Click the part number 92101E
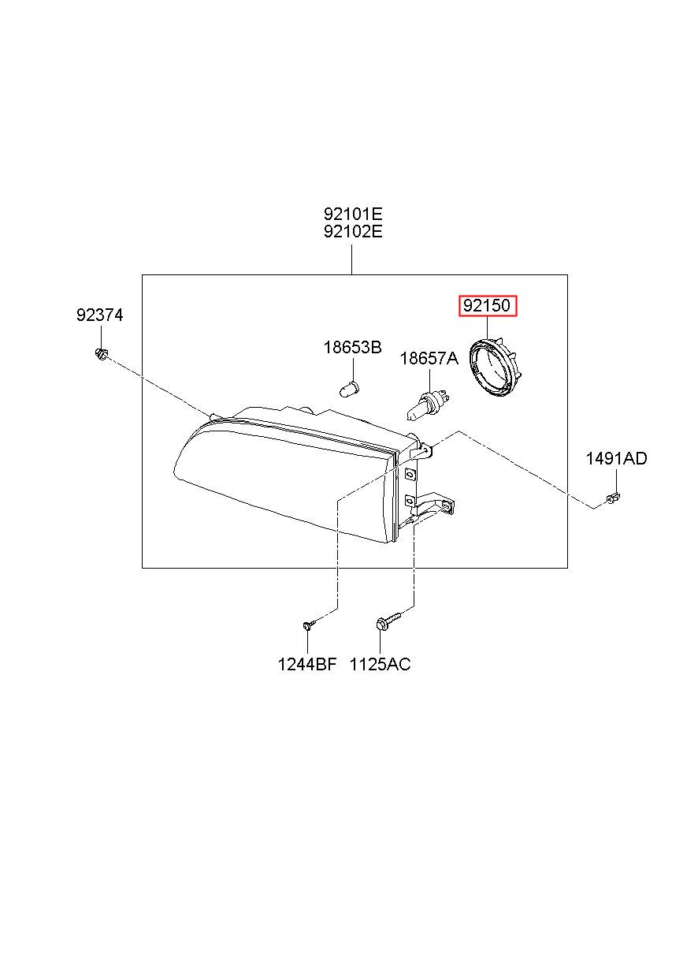point(353,212)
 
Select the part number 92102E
point(353,232)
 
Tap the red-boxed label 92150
point(487,306)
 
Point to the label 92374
point(99,315)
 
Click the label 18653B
point(352,348)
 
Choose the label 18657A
point(429,359)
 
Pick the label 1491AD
point(616,459)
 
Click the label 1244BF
point(307,664)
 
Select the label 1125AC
point(380,664)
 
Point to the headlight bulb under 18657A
point(427,406)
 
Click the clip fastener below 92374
point(102,353)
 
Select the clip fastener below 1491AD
point(612,498)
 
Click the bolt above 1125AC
point(388,621)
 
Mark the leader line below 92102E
point(352,259)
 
